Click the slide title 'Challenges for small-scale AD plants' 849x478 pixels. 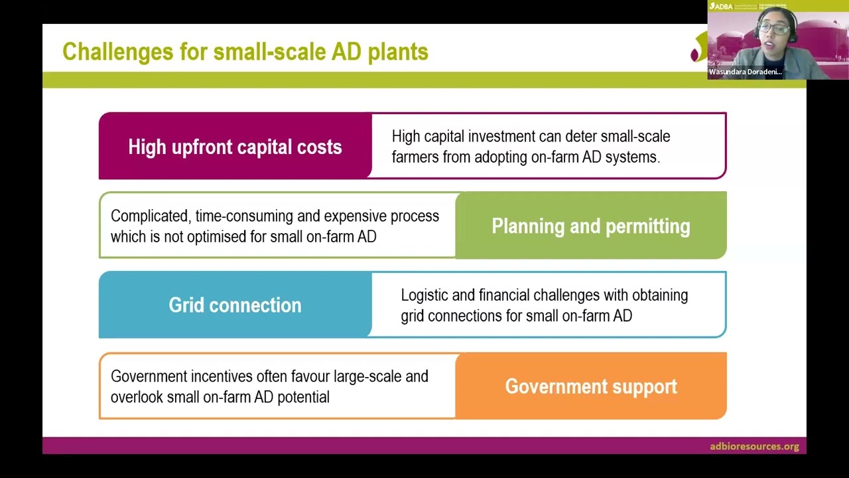coord(245,52)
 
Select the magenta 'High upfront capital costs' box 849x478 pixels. coord(235,147)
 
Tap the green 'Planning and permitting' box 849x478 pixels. coord(590,226)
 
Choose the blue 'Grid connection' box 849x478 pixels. coord(235,305)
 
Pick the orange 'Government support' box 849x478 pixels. coord(590,386)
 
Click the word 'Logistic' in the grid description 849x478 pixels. coord(425,295)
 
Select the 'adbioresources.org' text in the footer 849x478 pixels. coord(754,446)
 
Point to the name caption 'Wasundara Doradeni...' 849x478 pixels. coord(745,72)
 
